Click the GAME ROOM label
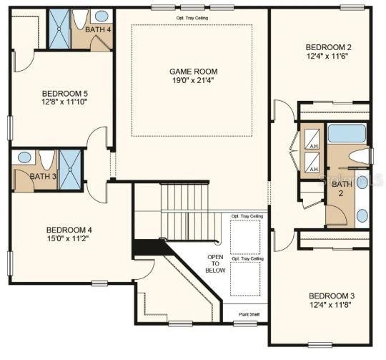point(193,72)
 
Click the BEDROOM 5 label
point(65,94)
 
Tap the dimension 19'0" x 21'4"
point(193,82)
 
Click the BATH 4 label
point(98,30)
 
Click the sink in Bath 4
point(102,15)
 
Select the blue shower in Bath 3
point(71,169)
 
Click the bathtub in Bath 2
point(347,134)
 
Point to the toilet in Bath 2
point(362,156)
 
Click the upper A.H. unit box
point(312,142)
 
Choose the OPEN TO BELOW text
point(215,263)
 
